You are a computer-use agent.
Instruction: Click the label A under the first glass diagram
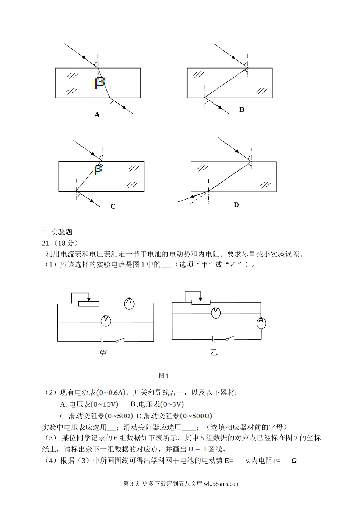click(x=97, y=115)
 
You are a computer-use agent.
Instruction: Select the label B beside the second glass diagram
click(x=242, y=110)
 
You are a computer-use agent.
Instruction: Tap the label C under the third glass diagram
click(x=113, y=206)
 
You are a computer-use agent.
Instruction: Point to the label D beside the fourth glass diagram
click(x=236, y=205)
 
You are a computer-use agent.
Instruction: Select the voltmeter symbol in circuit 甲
click(x=106, y=321)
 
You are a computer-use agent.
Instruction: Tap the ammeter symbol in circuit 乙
click(x=261, y=323)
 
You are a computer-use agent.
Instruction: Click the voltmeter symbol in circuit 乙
click(x=215, y=312)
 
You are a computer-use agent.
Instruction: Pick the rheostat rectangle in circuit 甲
click(x=88, y=304)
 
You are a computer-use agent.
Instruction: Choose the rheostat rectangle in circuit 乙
click(x=201, y=302)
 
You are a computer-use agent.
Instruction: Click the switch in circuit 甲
click(x=120, y=340)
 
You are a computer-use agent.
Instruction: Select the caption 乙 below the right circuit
click(x=214, y=353)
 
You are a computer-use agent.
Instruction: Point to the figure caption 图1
click(x=164, y=376)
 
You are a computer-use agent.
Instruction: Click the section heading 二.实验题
click(x=58, y=232)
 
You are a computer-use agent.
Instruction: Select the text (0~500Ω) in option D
click(x=196, y=416)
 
